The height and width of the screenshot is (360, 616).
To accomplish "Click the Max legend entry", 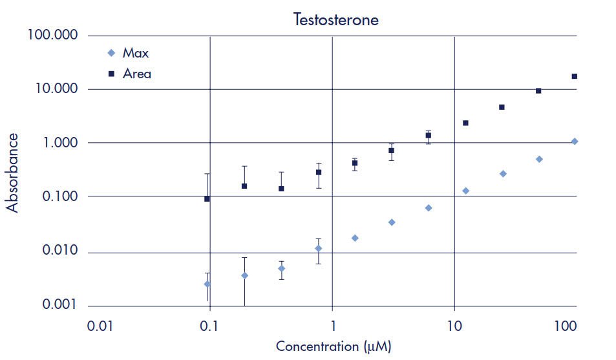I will click(x=135, y=53).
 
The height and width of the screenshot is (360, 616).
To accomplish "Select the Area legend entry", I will click(x=136, y=74).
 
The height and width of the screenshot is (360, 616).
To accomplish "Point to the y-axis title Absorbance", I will click(x=12, y=173).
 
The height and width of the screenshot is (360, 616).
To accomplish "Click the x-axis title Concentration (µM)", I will click(x=334, y=346).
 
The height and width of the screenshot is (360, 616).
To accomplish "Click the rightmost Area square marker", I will click(x=574, y=76).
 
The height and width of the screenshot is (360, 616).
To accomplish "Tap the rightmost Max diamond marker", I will click(x=574, y=142).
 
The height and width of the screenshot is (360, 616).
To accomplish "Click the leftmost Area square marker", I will click(x=207, y=199).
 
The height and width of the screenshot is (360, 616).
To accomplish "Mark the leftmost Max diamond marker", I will click(x=207, y=284).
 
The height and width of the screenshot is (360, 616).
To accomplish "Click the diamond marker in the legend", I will click(x=111, y=53).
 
